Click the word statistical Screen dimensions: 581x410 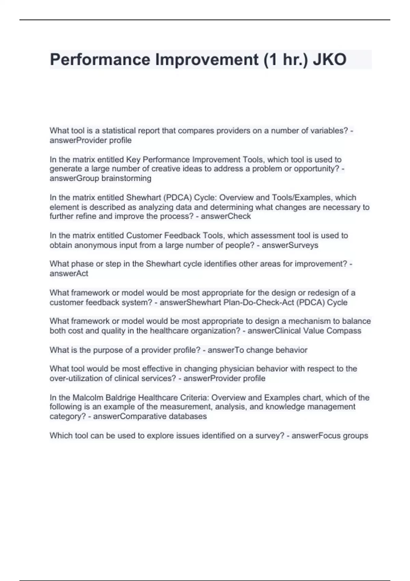coord(119,131)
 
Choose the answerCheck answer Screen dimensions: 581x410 coord(226,216)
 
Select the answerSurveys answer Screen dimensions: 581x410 coord(290,245)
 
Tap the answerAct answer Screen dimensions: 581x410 coord(69,274)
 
